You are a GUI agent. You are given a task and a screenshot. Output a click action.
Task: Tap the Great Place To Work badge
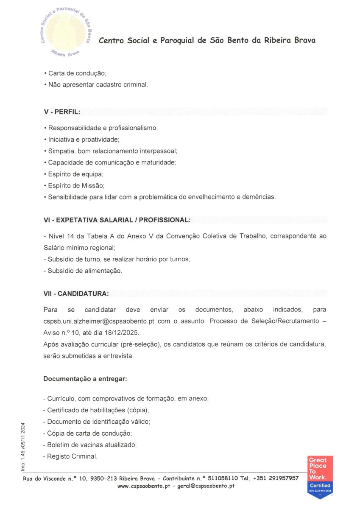(x=321, y=477)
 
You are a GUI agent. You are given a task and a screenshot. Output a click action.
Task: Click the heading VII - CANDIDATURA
(x=76, y=293)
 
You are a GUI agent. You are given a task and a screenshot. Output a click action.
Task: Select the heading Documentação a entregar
(x=85, y=378)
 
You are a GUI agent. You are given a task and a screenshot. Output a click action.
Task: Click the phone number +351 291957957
(x=276, y=478)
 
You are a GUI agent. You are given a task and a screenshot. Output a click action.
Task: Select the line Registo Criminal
(x=71, y=456)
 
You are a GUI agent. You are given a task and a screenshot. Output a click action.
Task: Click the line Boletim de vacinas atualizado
(x=90, y=445)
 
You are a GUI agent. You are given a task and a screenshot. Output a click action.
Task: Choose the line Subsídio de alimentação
(x=83, y=271)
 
